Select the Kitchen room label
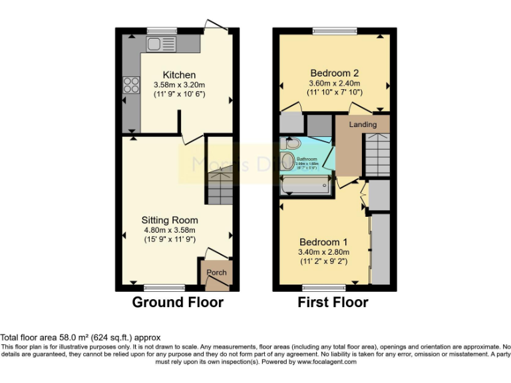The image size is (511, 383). (x=179, y=74)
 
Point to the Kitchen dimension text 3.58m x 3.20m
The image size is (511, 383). (x=179, y=84)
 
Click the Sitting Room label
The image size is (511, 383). (x=169, y=220)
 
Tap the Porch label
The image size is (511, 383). (x=216, y=273)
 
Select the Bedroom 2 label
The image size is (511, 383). (x=335, y=73)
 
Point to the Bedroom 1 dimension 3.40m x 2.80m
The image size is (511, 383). (x=324, y=252)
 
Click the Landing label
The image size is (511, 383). (x=363, y=124)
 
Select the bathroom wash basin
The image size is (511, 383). (x=289, y=161)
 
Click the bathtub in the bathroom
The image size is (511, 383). (x=305, y=186)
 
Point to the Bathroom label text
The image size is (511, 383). (x=307, y=160)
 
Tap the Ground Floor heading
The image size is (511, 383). (x=178, y=303)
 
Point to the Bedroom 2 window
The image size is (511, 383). (x=334, y=31)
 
